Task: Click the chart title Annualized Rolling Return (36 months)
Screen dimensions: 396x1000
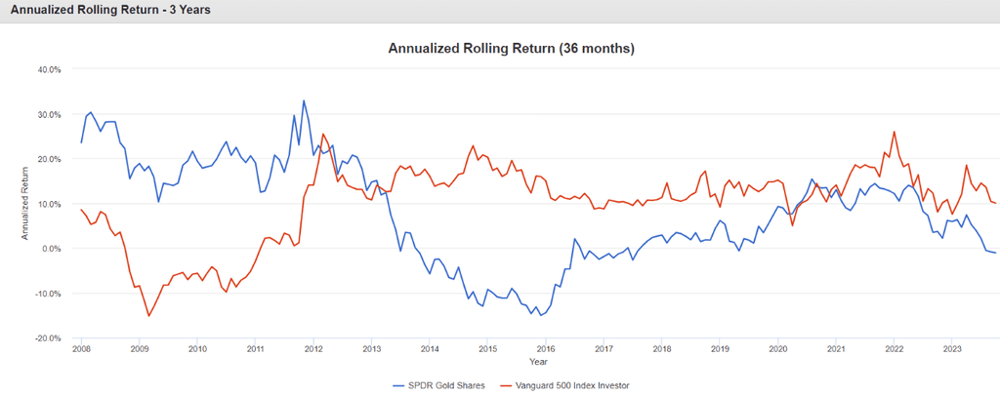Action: click(499, 48)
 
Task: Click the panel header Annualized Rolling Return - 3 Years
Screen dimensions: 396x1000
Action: click(109, 10)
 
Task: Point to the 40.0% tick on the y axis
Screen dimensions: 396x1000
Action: click(49, 70)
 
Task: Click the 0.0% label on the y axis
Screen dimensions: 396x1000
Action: click(51, 249)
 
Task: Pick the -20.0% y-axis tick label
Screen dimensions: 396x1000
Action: click(48, 338)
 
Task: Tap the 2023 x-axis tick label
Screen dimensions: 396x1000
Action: click(951, 348)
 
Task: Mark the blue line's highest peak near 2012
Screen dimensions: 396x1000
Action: click(304, 100)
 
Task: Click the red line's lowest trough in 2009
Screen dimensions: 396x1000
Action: click(148, 316)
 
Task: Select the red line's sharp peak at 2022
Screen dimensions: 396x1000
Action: click(894, 132)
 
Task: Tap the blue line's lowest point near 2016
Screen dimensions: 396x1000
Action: click(541, 315)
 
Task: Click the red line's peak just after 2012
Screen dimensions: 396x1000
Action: click(323, 135)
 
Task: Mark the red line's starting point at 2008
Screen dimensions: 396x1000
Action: click(81, 210)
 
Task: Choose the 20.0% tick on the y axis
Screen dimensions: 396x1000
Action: click(49, 159)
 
